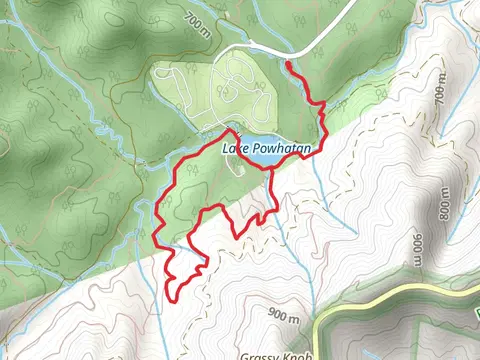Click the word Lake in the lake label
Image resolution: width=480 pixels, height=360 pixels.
233,149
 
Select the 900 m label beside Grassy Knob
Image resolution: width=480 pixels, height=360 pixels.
283,316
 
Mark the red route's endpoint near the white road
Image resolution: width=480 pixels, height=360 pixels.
288,64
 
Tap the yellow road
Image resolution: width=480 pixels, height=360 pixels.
400,291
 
